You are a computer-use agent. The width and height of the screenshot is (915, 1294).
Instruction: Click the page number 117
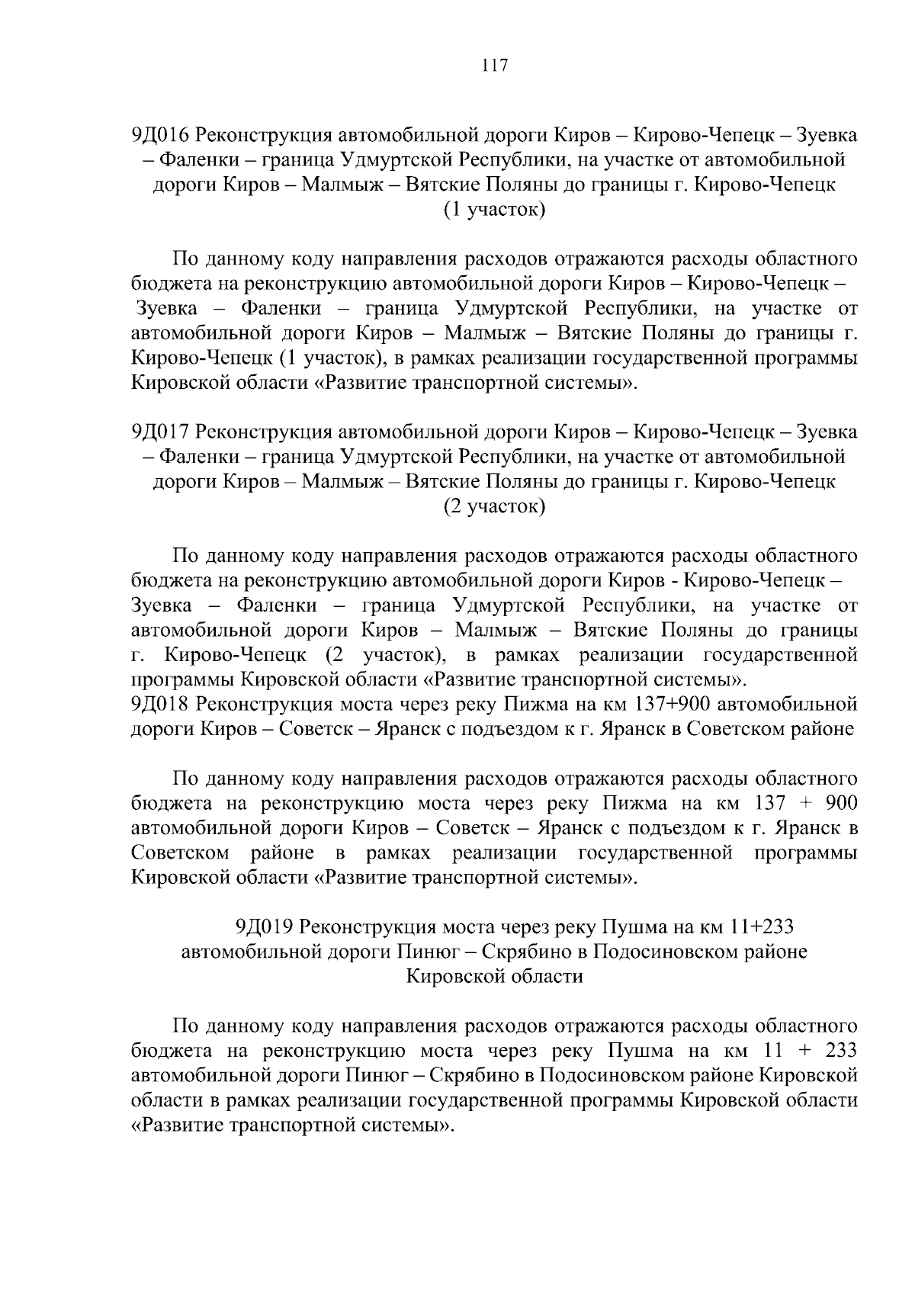495,66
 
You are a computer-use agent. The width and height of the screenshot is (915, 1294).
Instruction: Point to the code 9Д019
265,927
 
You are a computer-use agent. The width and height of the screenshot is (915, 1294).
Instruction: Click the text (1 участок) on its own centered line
494,210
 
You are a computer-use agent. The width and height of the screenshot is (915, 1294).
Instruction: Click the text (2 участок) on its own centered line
494,506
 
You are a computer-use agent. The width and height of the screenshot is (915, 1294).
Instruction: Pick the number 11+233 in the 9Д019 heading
751,927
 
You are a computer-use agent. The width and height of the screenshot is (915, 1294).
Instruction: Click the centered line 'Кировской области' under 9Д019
494,977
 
